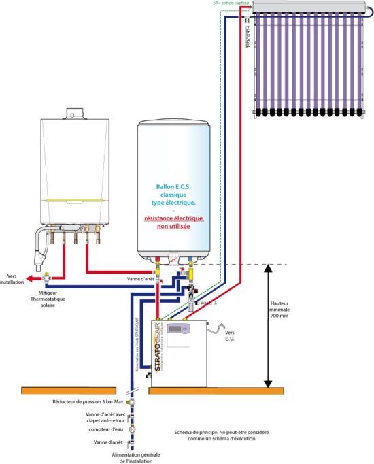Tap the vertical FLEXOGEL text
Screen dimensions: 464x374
pyautogui.click(x=246, y=32)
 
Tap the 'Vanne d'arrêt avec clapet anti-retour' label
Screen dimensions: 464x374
pyautogui.click(x=101, y=416)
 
